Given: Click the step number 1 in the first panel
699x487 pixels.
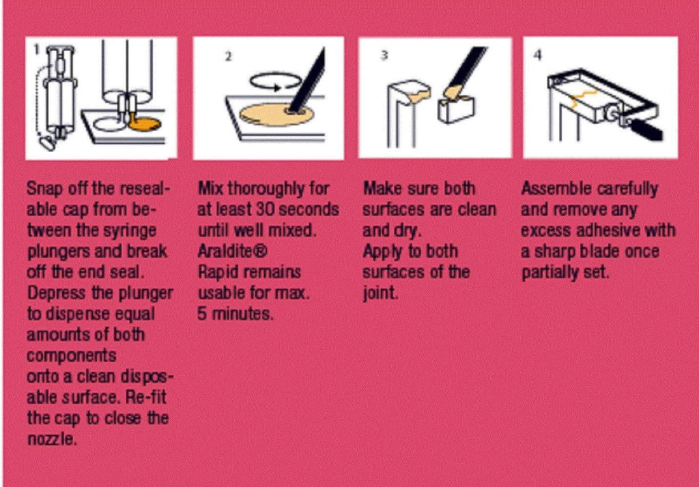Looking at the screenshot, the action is (x=37, y=48).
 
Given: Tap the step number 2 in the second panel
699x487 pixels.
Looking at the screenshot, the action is (x=228, y=57).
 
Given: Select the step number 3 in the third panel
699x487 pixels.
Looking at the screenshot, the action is (x=384, y=55).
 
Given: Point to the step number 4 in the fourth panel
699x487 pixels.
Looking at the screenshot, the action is (x=538, y=55).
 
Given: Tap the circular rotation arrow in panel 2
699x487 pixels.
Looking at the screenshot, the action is (x=274, y=82).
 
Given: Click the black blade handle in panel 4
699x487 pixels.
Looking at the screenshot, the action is (x=646, y=130).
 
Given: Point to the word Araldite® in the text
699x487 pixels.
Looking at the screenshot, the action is (x=232, y=251).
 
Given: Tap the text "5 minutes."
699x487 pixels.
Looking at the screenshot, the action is (x=235, y=314).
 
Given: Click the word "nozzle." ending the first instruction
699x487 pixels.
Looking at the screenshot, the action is (x=52, y=439).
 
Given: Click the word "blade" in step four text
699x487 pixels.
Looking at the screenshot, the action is (x=598, y=251).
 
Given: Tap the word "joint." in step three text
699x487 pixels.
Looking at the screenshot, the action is (x=380, y=293).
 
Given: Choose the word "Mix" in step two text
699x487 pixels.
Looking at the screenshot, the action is (x=210, y=188).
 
